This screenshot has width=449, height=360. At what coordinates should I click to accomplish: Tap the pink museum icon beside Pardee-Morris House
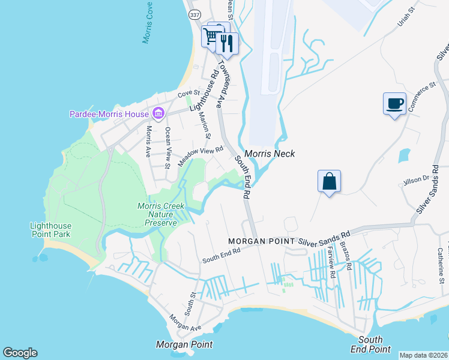(x=158, y=113)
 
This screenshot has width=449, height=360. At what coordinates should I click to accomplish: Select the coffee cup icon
(x=394, y=104)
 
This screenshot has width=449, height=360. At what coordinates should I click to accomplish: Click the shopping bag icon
(x=329, y=181)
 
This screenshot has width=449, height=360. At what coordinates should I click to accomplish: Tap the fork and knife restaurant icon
(x=227, y=43)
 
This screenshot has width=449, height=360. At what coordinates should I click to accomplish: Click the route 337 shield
(x=194, y=14)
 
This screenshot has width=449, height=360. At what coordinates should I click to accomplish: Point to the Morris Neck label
(x=269, y=154)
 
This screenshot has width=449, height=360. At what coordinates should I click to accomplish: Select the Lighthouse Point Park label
(x=50, y=230)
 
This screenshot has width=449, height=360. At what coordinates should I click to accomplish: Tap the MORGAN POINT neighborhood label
(x=261, y=241)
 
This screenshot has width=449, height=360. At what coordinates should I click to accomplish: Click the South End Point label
(x=370, y=344)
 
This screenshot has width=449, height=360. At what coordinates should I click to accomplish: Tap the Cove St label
(x=187, y=95)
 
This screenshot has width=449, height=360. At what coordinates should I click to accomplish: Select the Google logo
(x=20, y=353)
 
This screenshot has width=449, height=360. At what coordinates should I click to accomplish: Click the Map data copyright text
(x=424, y=355)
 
